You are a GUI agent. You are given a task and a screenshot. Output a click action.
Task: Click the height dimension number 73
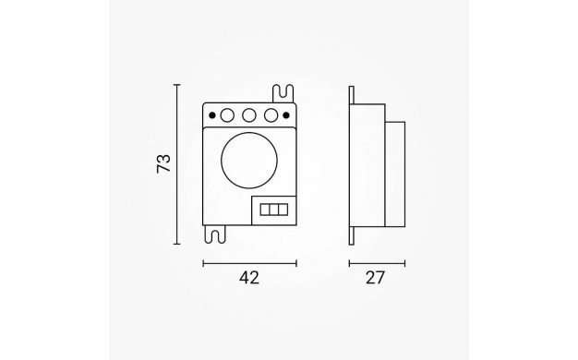click(163, 163)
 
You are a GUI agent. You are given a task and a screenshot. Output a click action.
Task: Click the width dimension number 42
click(249, 278)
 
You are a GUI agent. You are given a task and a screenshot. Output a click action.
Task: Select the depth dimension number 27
click(375, 278)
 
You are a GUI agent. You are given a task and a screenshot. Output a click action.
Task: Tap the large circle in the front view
click(249, 161)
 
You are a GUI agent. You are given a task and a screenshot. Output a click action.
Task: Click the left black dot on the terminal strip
click(212, 115)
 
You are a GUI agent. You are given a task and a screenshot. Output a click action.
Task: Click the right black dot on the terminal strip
click(286, 115)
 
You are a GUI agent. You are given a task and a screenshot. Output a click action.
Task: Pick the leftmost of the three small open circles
click(227, 115)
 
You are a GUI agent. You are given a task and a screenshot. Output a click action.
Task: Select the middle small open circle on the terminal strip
click(249, 115)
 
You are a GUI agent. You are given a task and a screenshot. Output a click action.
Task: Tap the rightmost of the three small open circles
click(271, 115)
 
